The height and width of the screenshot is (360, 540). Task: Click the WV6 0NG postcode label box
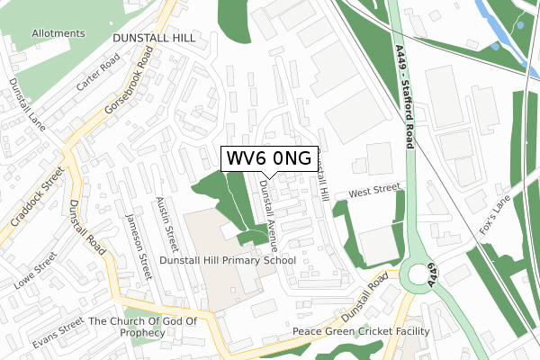point(268,158)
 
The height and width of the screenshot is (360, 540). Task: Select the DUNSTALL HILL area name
point(154,39)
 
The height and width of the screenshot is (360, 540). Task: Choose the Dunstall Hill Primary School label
point(228,260)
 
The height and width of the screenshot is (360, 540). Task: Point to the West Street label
point(373,192)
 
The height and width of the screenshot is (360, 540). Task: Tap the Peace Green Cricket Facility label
point(361,332)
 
